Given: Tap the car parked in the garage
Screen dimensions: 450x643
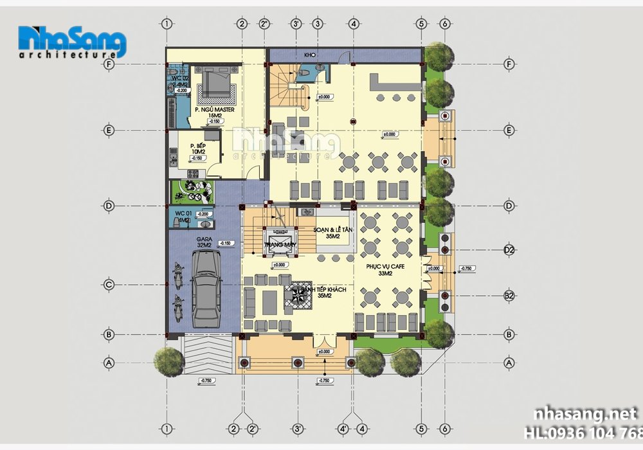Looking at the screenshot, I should [205, 287].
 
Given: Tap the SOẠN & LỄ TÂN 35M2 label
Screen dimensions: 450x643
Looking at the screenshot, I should [332, 233].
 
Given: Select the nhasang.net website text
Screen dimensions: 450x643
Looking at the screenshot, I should [582, 413].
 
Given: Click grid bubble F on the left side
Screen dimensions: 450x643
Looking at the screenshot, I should [109, 64].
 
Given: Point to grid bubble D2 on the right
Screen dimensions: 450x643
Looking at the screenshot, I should [509, 249].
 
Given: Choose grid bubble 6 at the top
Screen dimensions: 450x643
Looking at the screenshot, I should [444, 24].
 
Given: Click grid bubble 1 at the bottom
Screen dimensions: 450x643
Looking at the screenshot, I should [167, 429].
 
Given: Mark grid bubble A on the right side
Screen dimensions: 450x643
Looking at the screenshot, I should [509, 363].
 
